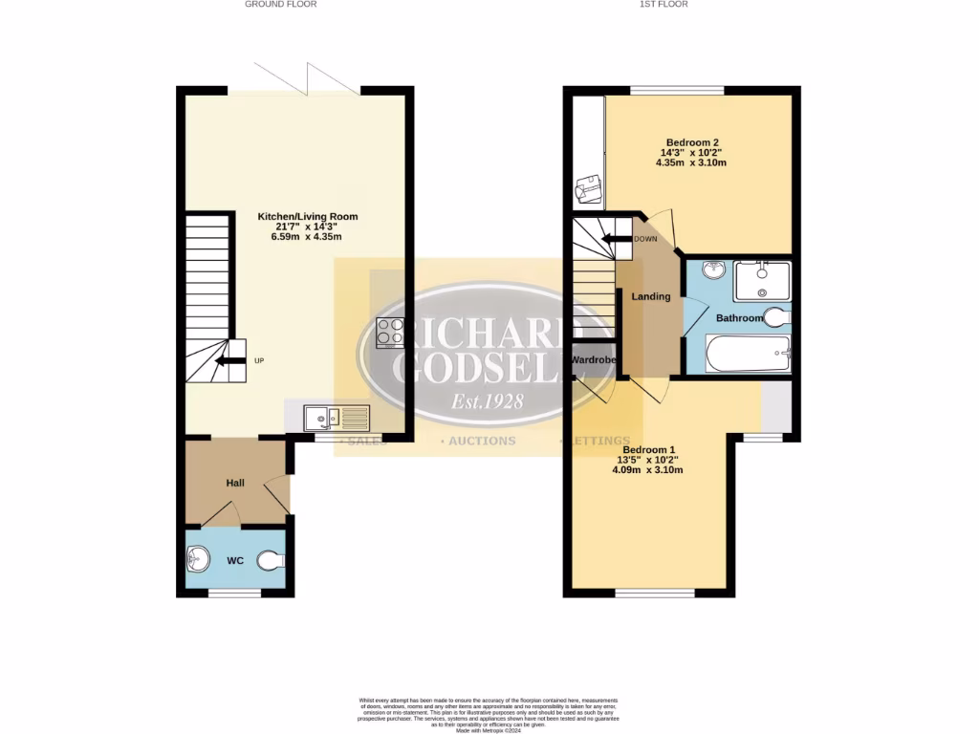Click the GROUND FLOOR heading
[x=280, y=4]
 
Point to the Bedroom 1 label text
[x=649, y=450]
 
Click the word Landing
[x=650, y=296]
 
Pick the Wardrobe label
[x=593, y=359]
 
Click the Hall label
[x=235, y=483]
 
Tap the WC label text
[x=236, y=561]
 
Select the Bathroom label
[x=740, y=318]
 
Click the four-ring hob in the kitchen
[x=390, y=332]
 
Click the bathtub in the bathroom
[x=749, y=355]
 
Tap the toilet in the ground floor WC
[x=271, y=561]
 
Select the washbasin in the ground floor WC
[x=199, y=558]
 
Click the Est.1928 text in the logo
[x=487, y=401]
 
